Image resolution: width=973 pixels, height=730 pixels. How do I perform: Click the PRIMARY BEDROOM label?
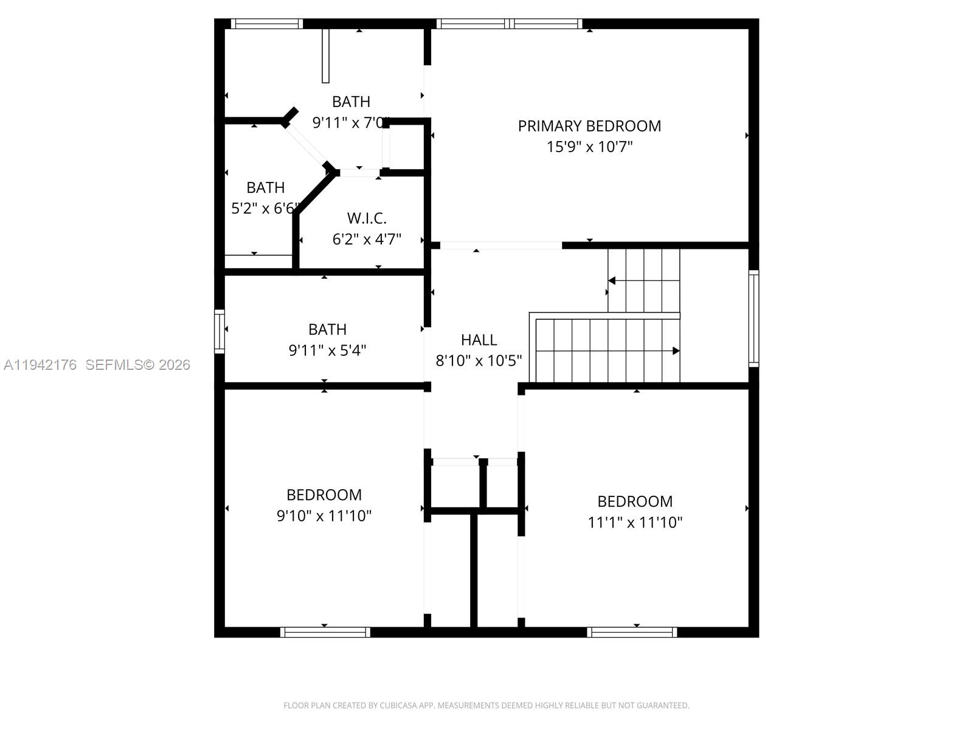[x=589, y=126]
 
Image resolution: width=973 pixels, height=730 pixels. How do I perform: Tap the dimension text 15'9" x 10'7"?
[x=589, y=147]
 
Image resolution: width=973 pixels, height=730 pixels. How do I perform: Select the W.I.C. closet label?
[x=367, y=218]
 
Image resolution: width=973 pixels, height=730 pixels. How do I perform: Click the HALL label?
[x=479, y=340]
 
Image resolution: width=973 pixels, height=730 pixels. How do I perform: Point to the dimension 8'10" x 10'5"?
[x=479, y=361]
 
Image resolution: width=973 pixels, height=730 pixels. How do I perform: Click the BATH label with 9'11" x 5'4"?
[x=327, y=330]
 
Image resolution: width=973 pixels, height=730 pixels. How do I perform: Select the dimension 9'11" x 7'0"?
[x=350, y=122]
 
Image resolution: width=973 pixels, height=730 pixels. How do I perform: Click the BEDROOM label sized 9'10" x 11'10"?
[x=324, y=495]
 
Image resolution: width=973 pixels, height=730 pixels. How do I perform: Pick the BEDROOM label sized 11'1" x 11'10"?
[x=635, y=501]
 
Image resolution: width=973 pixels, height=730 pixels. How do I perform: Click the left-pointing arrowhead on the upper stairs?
[x=612, y=280]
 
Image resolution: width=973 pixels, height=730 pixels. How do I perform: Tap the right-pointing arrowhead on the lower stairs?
[x=676, y=351]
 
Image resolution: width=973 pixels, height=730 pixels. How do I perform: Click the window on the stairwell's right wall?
[x=753, y=318]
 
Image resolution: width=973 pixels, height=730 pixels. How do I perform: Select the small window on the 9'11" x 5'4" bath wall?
[x=220, y=331]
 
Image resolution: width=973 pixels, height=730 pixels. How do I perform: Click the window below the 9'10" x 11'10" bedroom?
[x=325, y=632]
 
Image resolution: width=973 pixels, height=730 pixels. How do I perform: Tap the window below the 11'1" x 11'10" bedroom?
[x=632, y=632]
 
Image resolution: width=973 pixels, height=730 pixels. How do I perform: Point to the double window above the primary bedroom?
[x=509, y=24]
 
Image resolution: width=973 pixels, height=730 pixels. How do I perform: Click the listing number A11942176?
[x=40, y=365]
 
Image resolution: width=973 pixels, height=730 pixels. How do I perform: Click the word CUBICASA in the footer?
[x=397, y=706]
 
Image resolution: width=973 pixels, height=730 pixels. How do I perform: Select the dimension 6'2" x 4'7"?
[x=367, y=239]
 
